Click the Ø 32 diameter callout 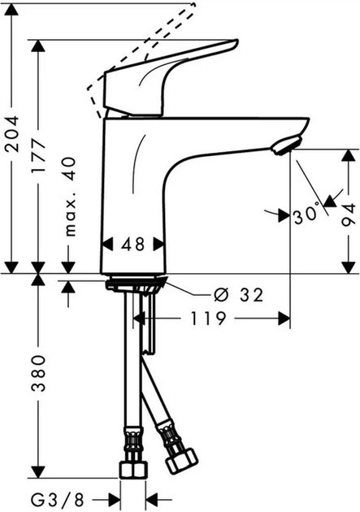241,296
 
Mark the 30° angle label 306,216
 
